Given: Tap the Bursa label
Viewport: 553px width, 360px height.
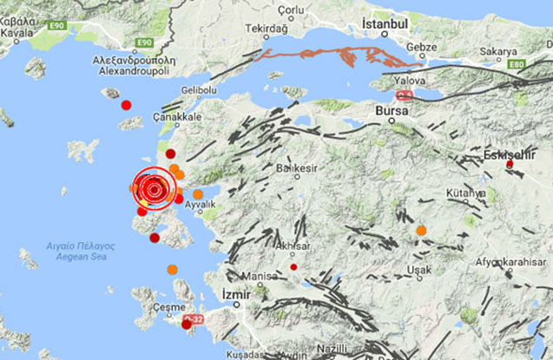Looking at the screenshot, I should tap(392, 111).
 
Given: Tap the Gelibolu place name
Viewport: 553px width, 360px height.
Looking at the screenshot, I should tap(199, 90).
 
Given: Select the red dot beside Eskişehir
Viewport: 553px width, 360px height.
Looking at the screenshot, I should tap(510, 164).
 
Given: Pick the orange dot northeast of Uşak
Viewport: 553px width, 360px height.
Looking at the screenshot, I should tap(421, 231).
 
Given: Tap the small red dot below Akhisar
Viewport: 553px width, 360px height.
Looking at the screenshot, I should tap(293, 266).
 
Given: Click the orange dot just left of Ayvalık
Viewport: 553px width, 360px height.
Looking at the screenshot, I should tap(198, 194).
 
